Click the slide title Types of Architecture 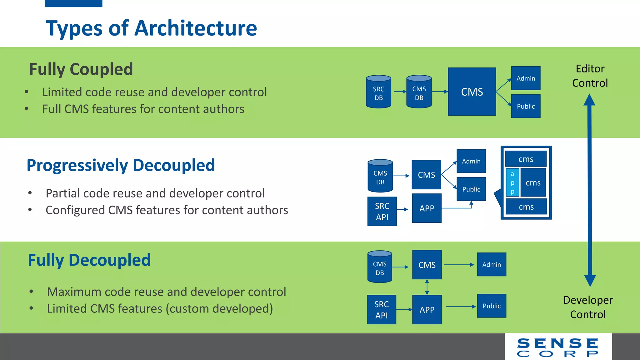click(151, 28)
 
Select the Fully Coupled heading click(81, 69)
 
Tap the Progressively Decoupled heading click(121, 165)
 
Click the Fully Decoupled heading click(89, 260)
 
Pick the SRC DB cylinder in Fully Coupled click(378, 92)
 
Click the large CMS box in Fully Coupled click(472, 92)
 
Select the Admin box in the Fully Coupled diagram click(526, 78)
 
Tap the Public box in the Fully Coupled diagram click(526, 106)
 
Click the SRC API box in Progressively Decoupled click(382, 211)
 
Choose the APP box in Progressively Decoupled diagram click(427, 208)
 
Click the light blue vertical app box click(512, 182)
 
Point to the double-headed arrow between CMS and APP click(427, 287)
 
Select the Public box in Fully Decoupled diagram click(491, 306)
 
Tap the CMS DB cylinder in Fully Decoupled click(380, 267)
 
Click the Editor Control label click(590, 76)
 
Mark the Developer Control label click(588, 307)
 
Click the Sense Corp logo click(558, 347)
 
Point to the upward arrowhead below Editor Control click(589, 100)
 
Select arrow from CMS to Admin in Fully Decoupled click(459, 265)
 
